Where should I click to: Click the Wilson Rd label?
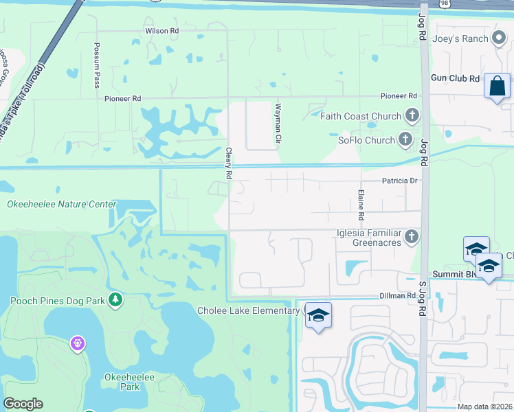(x=161, y=32)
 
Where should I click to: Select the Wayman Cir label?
(x=278, y=123)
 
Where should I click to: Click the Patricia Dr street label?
(x=400, y=181)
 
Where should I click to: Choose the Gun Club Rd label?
(x=454, y=79)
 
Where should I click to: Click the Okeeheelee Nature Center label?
(x=62, y=204)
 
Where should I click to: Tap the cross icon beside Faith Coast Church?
(x=412, y=115)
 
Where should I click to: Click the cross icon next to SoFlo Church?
(x=406, y=140)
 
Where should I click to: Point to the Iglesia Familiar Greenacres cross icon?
(x=412, y=237)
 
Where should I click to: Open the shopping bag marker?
(x=497, y=87)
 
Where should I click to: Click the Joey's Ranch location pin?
(x=500, y=39)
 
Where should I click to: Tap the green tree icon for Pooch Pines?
(x=116, y=299)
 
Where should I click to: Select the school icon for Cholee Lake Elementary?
(x=317, y=316)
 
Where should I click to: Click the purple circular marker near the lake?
(x=77, y=342)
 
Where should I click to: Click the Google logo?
(x=23, y=404)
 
